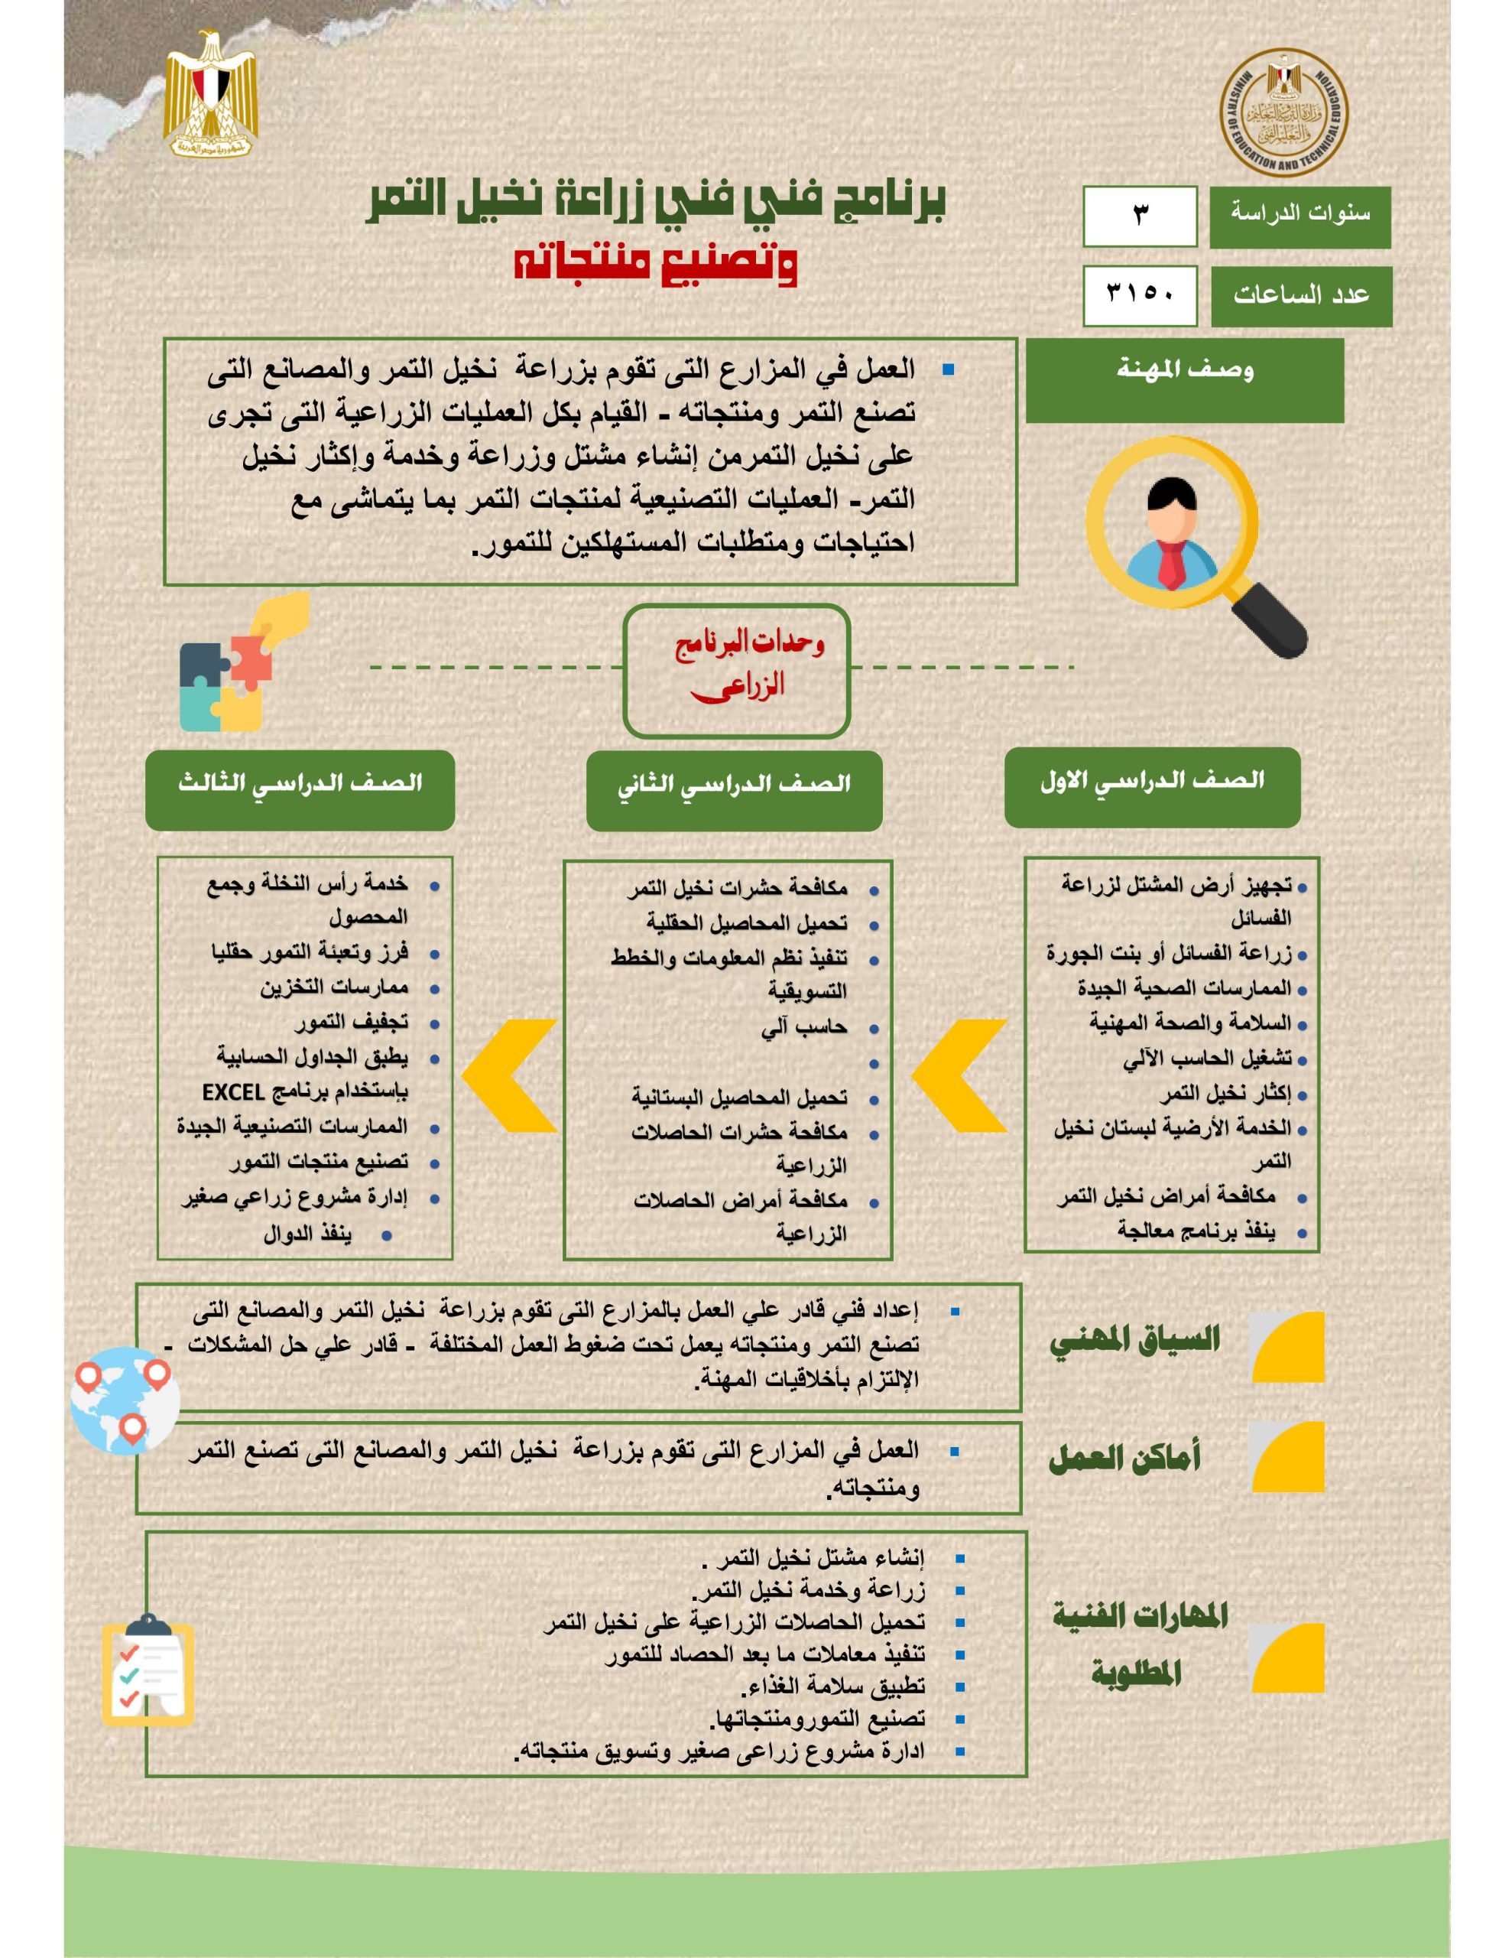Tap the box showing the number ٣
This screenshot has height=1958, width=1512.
[1139, 216]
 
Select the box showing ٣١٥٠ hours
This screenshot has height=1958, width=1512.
[1139, 295]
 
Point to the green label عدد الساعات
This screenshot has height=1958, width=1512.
[1301, 296]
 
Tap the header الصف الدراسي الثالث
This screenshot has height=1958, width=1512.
[300, 785]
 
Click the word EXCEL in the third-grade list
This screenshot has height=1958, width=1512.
[233, 1093]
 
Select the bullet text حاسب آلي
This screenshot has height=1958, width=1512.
[804, 1027]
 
